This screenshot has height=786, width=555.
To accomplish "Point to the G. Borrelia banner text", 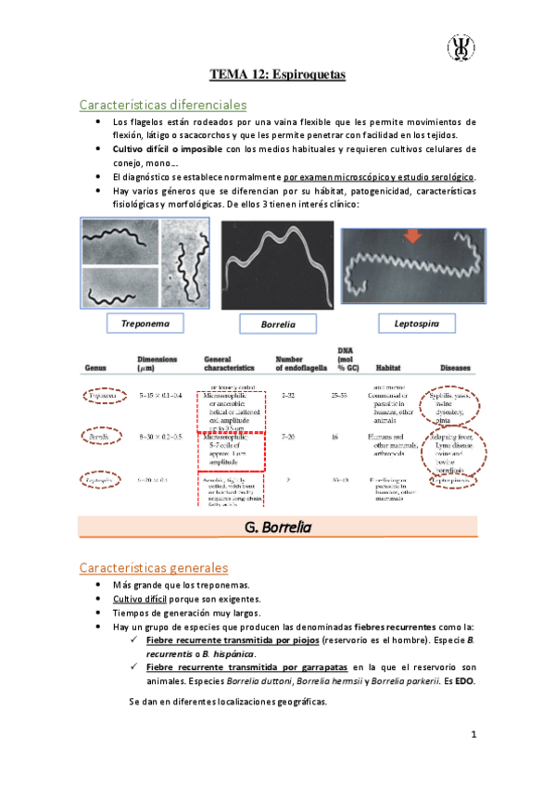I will [277, 528].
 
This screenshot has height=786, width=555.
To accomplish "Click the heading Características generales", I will [153, 566].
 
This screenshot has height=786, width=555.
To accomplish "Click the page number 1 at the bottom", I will [473, 735].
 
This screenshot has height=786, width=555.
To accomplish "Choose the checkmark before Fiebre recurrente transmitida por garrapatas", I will [136, 666].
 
